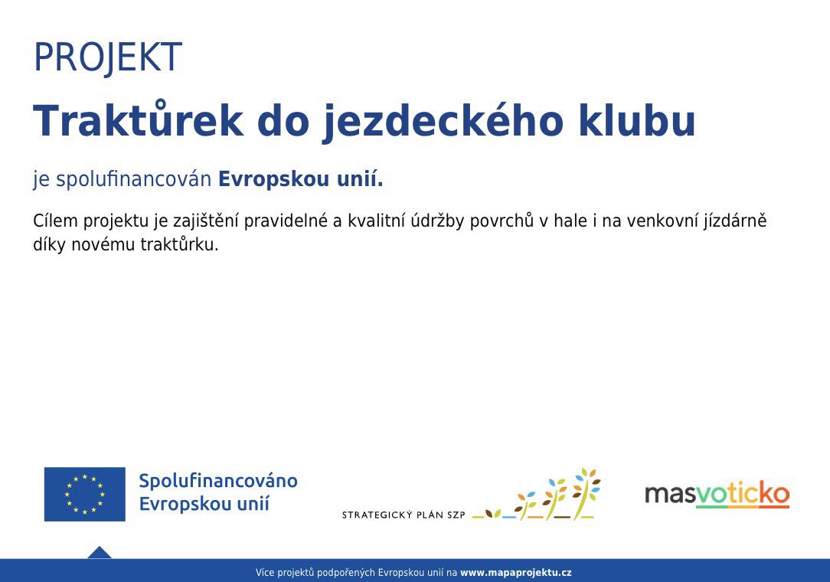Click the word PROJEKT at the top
coord(108,57)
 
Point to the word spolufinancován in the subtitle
coord(133,180)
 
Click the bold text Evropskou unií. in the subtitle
coord(301,179)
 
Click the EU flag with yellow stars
coord(85,494)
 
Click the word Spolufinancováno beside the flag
coord(218,481)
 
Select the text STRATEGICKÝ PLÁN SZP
coord(404,515)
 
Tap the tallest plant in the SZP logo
coord(587,493)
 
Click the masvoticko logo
coord(717,495)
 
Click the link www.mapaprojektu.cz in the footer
coord(515,573)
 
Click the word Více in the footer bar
coord(265,573)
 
